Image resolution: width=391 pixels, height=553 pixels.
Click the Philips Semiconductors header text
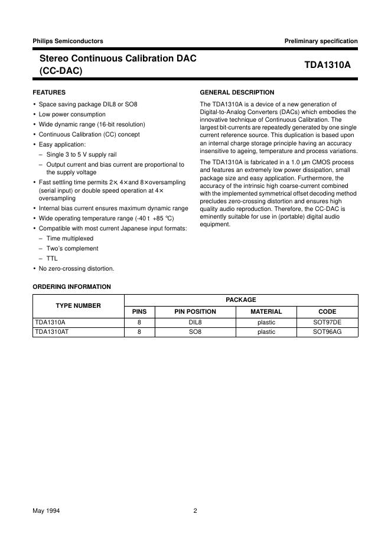[x=68, y=41]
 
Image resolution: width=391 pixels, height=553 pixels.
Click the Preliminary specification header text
[x=321, y=41]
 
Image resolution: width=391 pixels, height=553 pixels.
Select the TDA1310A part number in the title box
[x=327, y=65]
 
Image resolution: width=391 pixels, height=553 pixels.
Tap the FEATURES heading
[x=49, y=92]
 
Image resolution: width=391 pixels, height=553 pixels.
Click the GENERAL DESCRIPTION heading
[x=237, y=92]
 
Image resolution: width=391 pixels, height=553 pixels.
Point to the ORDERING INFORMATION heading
[x=71, y=287]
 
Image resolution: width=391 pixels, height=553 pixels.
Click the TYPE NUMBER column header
[x=78, y=305]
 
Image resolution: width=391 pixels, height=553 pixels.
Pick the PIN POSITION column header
[x=195, y=311]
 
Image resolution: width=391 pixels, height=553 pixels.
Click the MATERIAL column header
[x=266, y=311]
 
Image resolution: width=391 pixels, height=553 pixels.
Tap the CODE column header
[x=327, y=311]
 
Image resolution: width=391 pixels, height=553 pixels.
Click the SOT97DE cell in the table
[x=327, y=323]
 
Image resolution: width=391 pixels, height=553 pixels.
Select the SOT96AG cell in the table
[x=327, y=333]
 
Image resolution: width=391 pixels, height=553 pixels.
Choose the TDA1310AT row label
[x=52, y=333]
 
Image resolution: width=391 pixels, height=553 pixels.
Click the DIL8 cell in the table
[x=195, y=323]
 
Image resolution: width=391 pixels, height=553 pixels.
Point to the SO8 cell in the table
[x=195, y=333]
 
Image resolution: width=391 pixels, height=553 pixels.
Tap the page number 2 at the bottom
[x=195, y=511]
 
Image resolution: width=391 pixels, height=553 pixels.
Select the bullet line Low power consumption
[x=72, y=114]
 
